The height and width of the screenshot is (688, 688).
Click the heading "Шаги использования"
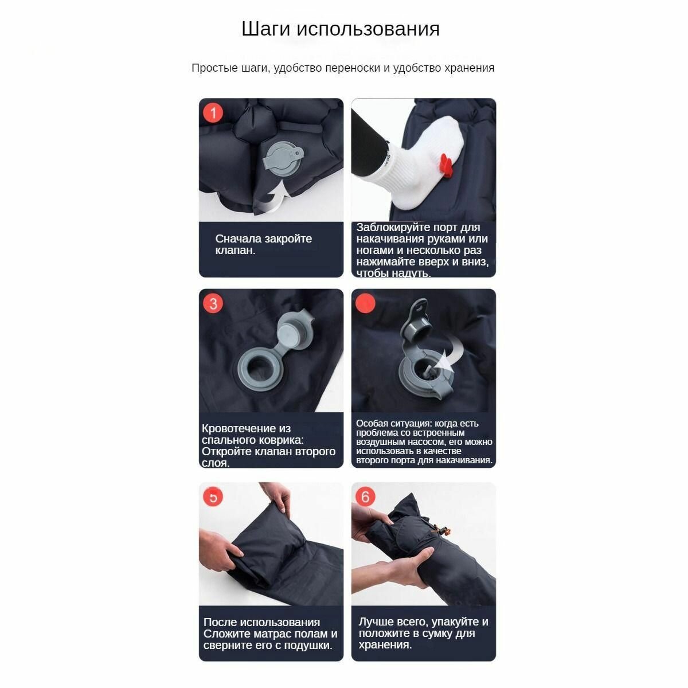tap(341, 29)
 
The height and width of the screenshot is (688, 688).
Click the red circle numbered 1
tap(213, 112)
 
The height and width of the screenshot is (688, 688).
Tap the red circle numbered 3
tap(213, 303)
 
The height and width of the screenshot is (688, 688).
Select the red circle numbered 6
tap(366, 496)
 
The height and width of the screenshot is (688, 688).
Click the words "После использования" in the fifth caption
tap(261, 622)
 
